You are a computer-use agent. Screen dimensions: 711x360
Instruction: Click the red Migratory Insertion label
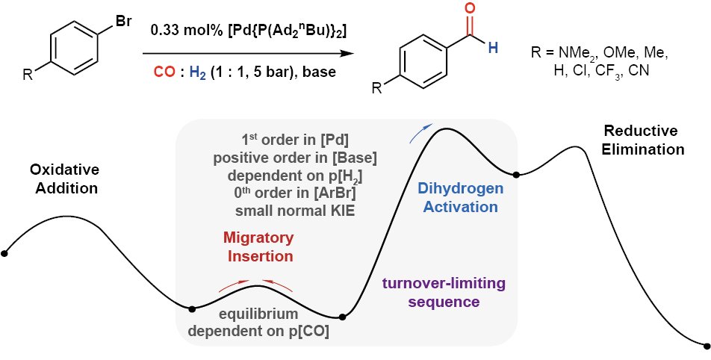258,246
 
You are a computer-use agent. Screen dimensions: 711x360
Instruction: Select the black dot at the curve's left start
4,254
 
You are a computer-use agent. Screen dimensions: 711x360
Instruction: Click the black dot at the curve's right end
706,345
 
